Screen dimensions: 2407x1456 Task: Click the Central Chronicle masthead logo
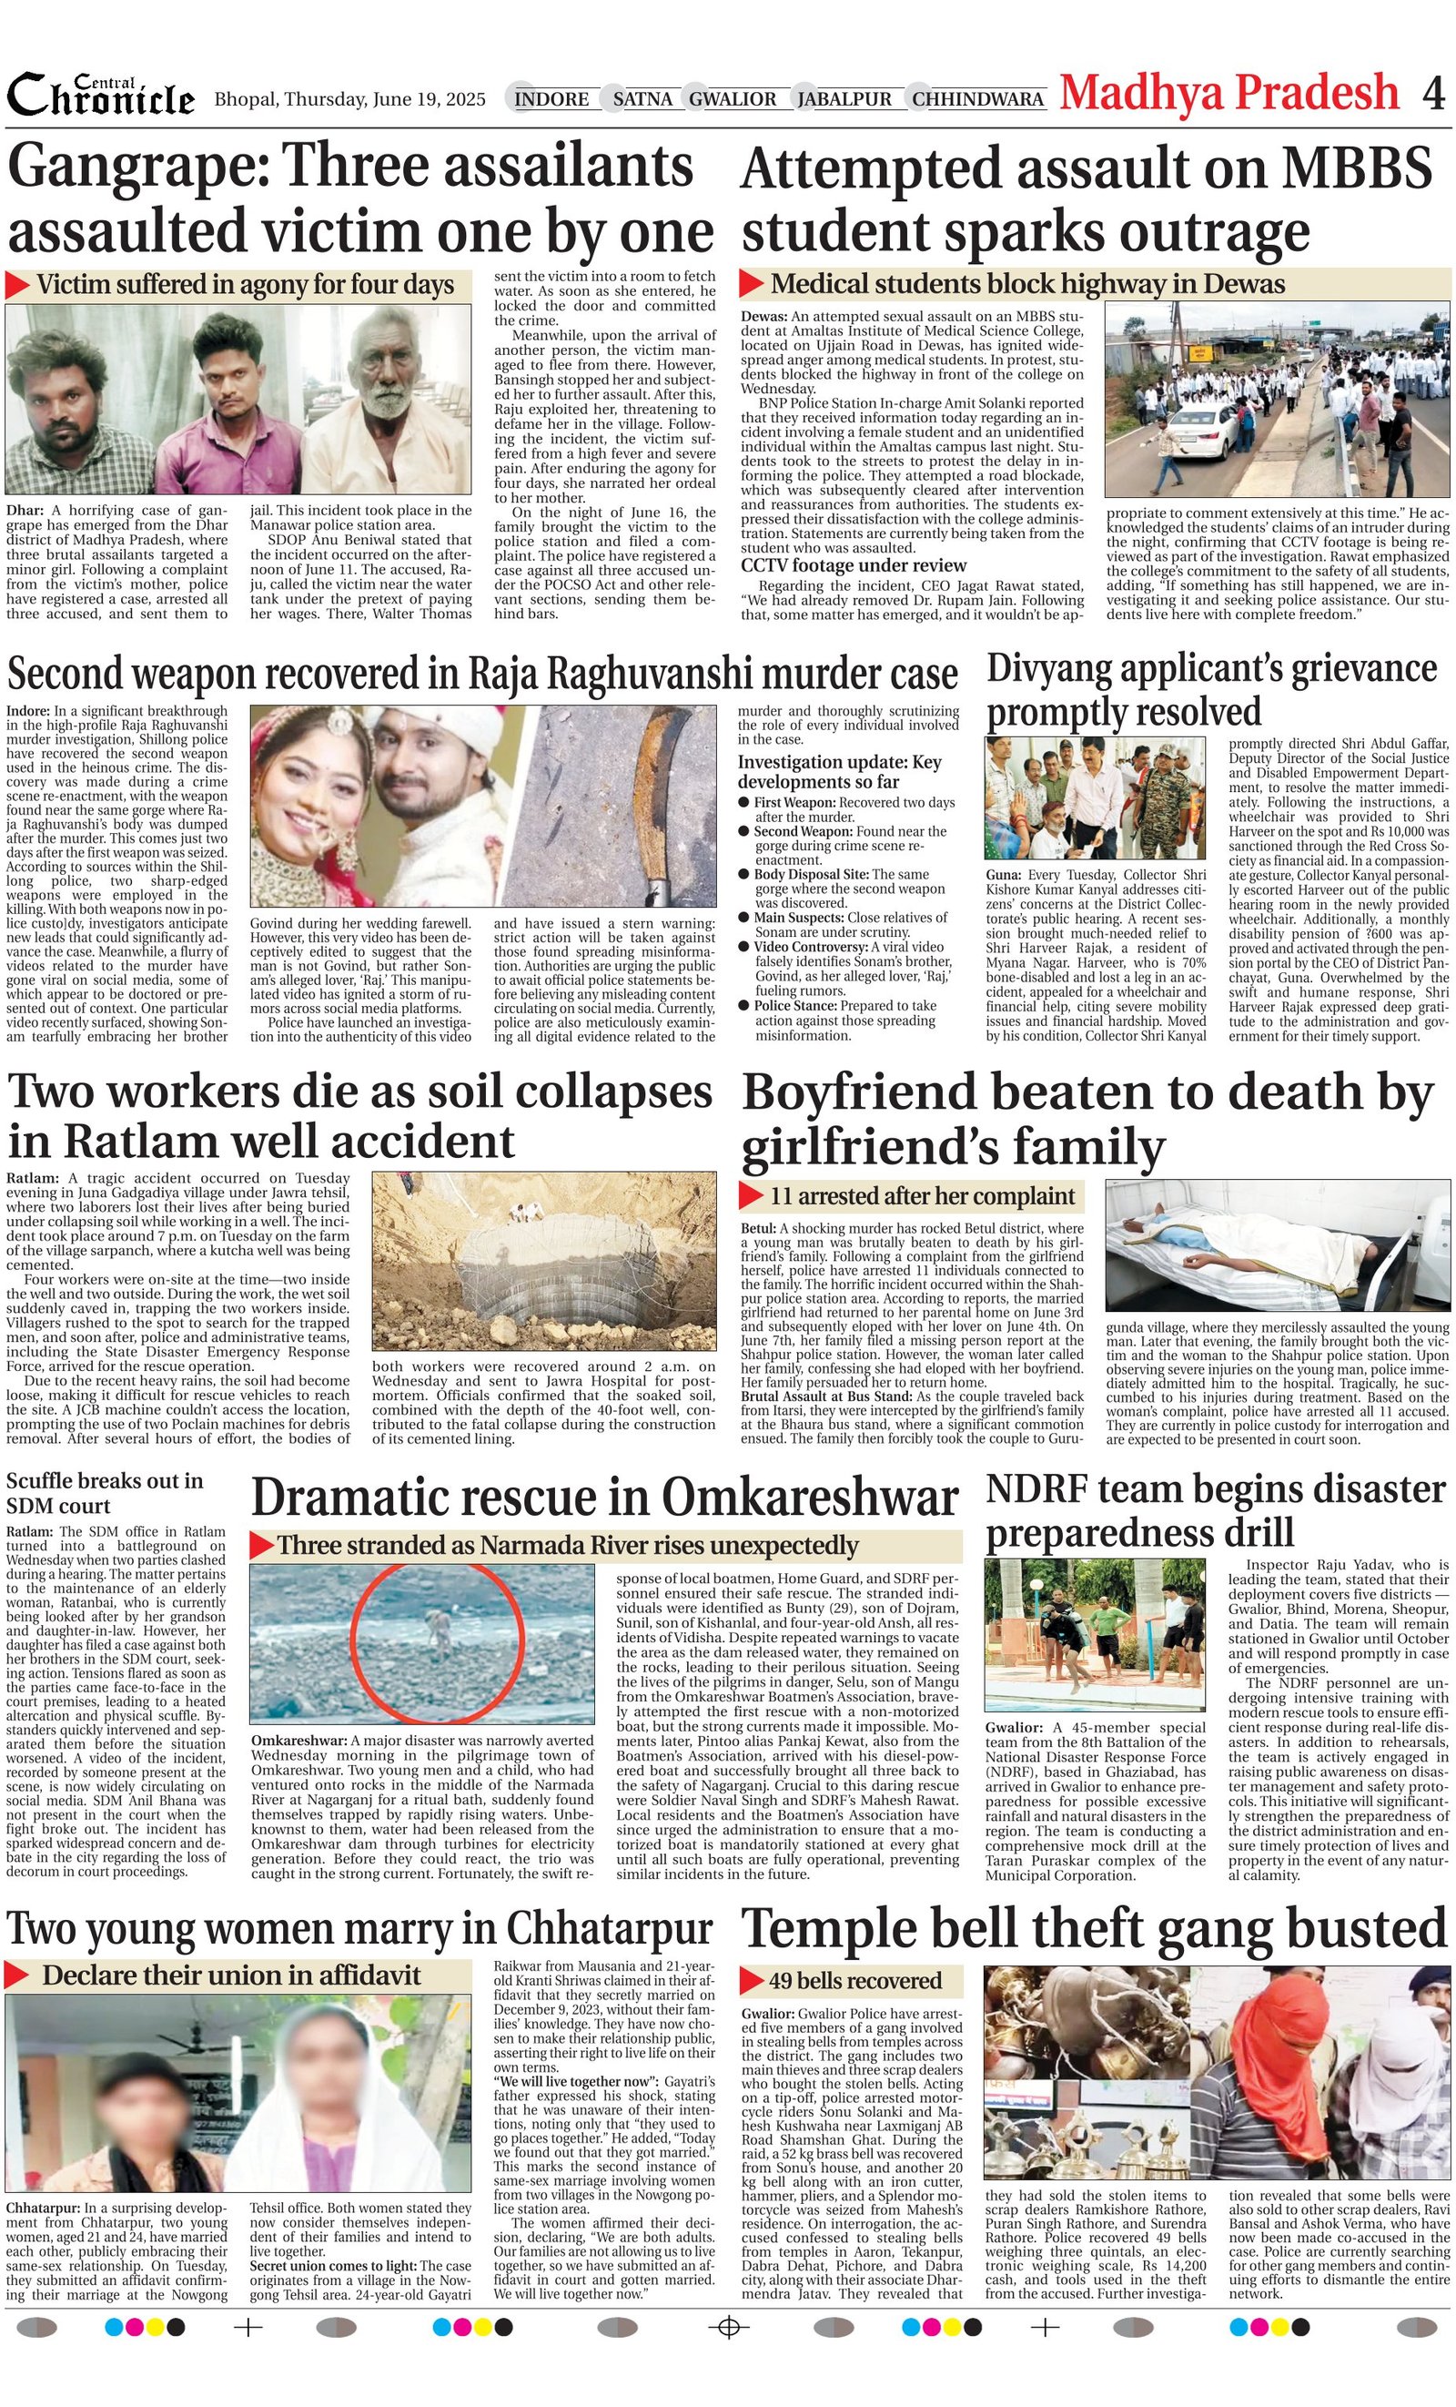(101, 96)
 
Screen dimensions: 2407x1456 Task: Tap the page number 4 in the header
(1432, 94)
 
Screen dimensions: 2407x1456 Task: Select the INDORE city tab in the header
(551, 98)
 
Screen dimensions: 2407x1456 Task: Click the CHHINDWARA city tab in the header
(977, 98)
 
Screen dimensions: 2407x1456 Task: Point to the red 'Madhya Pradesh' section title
(1229, 93)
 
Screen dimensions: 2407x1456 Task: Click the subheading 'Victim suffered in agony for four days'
(244, 285)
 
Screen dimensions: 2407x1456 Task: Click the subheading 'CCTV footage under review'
(854, 565)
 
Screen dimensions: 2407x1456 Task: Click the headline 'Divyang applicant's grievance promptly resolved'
(1211, 690)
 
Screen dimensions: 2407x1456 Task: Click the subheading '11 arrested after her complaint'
(922, 1195)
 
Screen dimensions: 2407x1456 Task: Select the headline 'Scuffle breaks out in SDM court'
(106, 1493)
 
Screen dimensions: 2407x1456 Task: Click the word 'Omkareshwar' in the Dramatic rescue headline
(810, 1498)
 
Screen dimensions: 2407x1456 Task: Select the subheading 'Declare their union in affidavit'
(230, 1975)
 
